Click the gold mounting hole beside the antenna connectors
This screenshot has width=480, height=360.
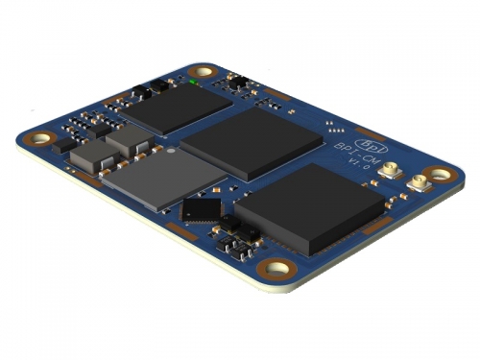click(439, 175)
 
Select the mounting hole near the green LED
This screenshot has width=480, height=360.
click(204, 72)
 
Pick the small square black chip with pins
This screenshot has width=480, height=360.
click(202, 209)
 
